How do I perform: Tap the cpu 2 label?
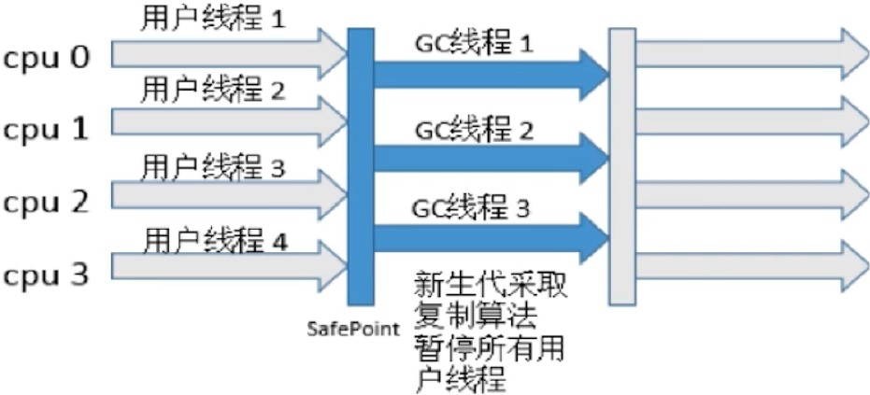pos(46,201)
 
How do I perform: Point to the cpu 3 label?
pos(46,274)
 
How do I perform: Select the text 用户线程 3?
pos(211,166)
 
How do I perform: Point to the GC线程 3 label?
pos(472,207)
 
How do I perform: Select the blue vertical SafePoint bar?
pos(360,168)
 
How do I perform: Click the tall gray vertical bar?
pos(621,168)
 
